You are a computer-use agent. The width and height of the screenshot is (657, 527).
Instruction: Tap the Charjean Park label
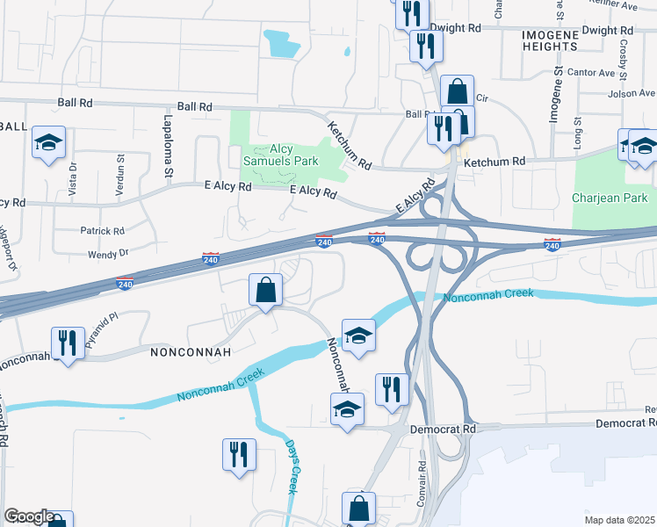(609, 198)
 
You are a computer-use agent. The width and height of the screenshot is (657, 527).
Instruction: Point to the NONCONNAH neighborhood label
(191, 352)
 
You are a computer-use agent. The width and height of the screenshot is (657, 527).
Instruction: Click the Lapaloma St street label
(166, 144)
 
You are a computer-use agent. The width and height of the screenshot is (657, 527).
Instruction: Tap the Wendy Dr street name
(108, 253)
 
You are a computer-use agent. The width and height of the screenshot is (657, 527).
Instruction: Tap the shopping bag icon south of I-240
(265, 289)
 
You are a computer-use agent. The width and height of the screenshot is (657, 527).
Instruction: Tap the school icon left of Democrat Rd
(347, 408)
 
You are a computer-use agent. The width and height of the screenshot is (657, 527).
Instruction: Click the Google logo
(29, 517)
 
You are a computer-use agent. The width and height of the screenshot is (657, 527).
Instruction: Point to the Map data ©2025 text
(619, 520)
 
